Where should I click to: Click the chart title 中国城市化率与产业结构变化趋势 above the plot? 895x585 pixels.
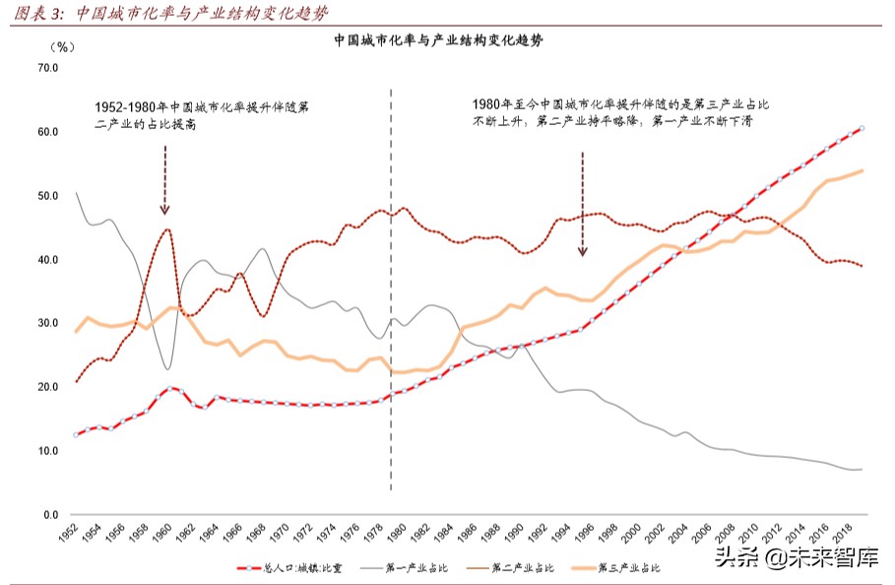point(439,41)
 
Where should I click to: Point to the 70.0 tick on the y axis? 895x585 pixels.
point(48,68)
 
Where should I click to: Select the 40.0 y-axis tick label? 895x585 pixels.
point(48,260)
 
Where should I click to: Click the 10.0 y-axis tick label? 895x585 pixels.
point(48,451)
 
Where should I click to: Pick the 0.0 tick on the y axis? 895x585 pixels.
point(51,515)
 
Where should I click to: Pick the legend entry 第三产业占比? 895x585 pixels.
point(625,568)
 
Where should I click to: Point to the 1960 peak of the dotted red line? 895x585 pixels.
point(167,229)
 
